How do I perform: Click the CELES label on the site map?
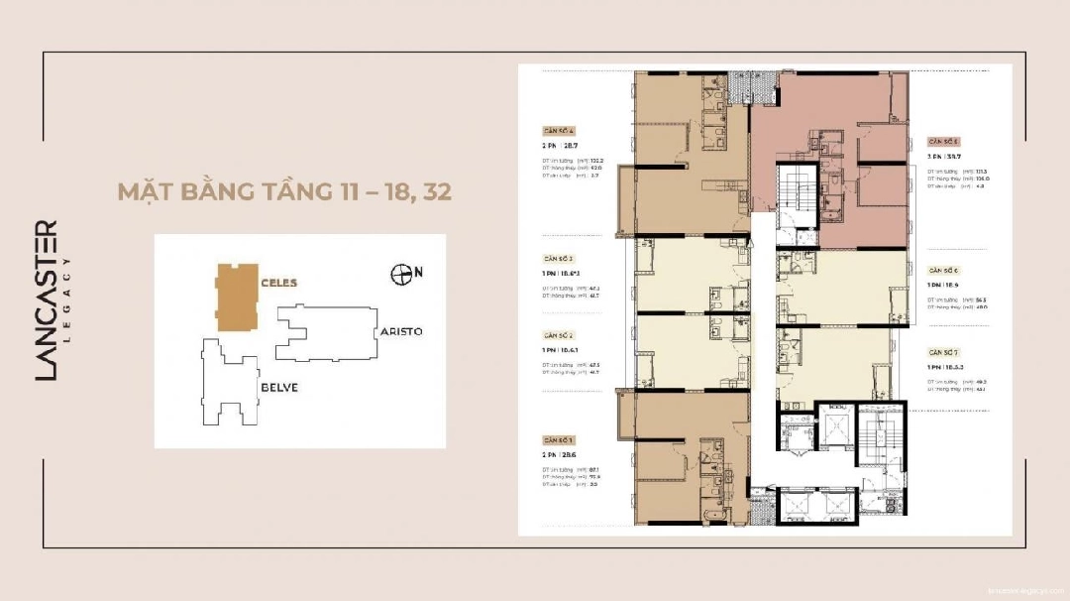[x=278, y=283]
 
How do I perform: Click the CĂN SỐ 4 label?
[x=559, y=131]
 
